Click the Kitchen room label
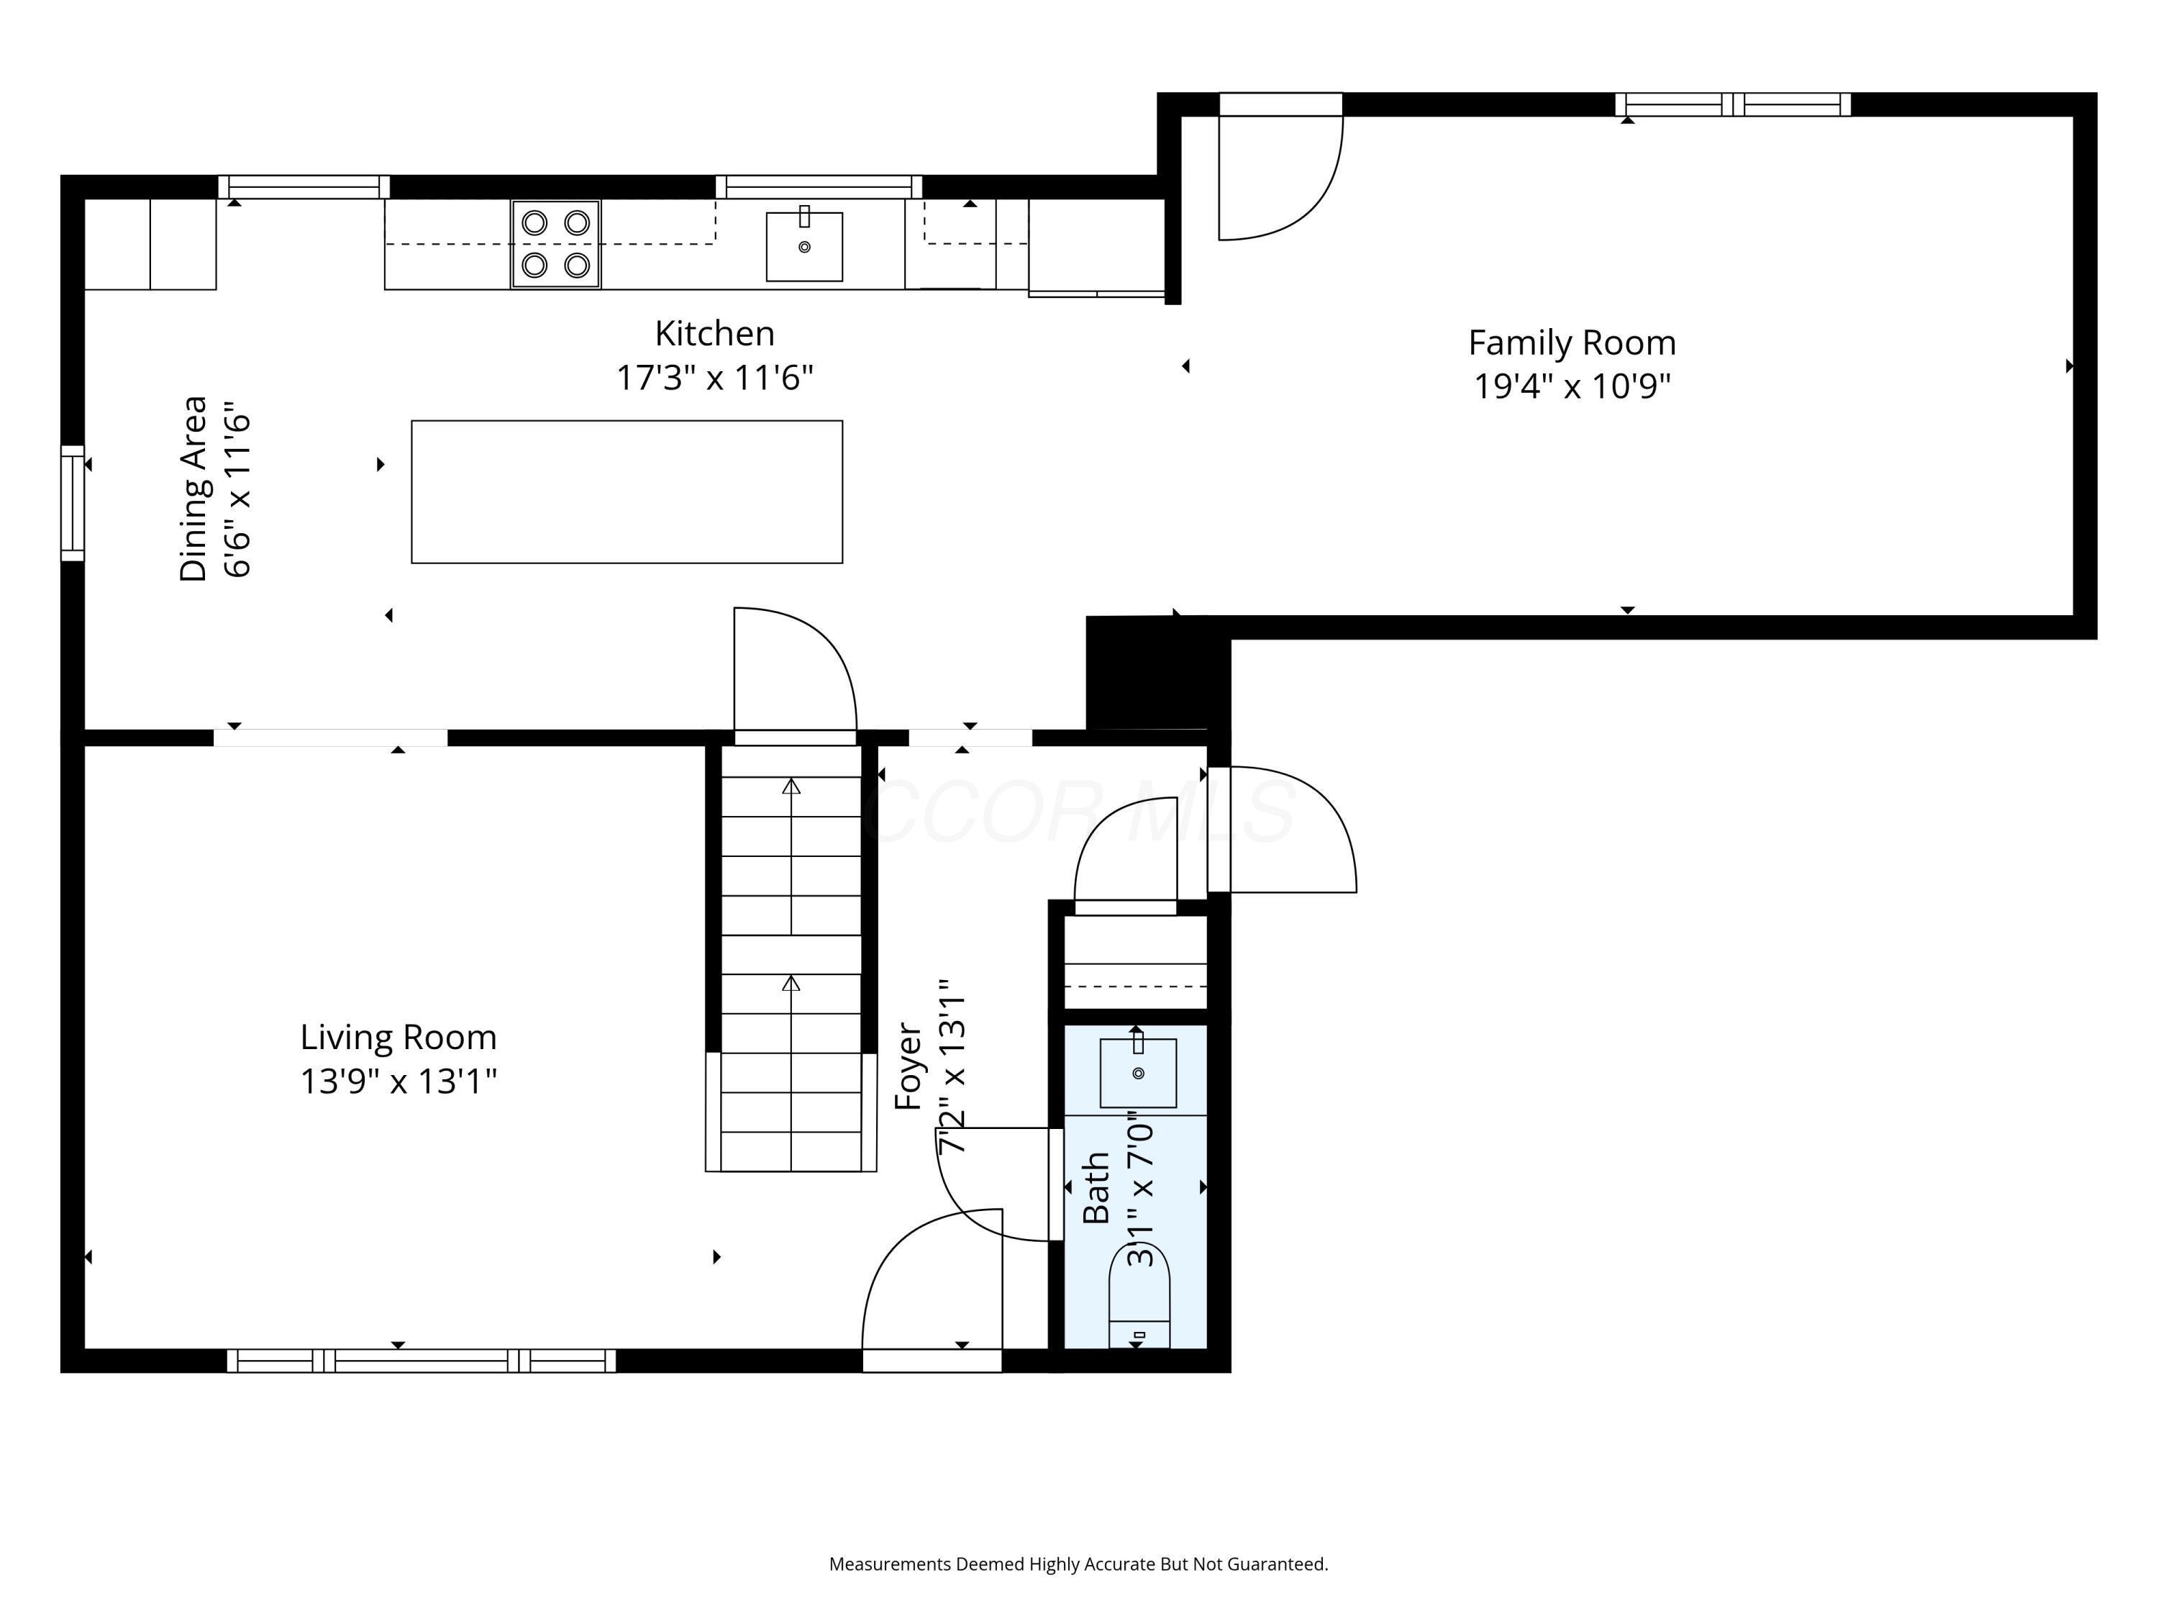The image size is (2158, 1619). (x=714, y=334)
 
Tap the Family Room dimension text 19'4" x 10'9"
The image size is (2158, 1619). (x=1572, y=386)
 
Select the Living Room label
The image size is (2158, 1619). (x=398, y=1036)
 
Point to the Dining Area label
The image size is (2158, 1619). (x=194, y=488)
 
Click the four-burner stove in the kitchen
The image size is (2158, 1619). (x=555, y=244)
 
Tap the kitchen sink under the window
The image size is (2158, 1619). (x=804, y=246)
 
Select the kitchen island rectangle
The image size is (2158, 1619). (x=627, y=492)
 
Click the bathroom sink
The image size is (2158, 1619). (x=1137, y=1073)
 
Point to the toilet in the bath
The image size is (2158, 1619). (x=1139, y=1298)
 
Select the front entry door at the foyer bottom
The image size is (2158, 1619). (x=932, y=1288)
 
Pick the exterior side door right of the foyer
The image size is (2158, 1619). (x=1283, y=830)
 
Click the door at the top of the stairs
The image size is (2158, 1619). (x=794, y=674)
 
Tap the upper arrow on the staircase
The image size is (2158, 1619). (x=791, y=786)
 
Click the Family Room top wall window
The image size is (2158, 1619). (x=1733, y=104)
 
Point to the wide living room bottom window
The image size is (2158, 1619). (x=422, y=1361)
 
